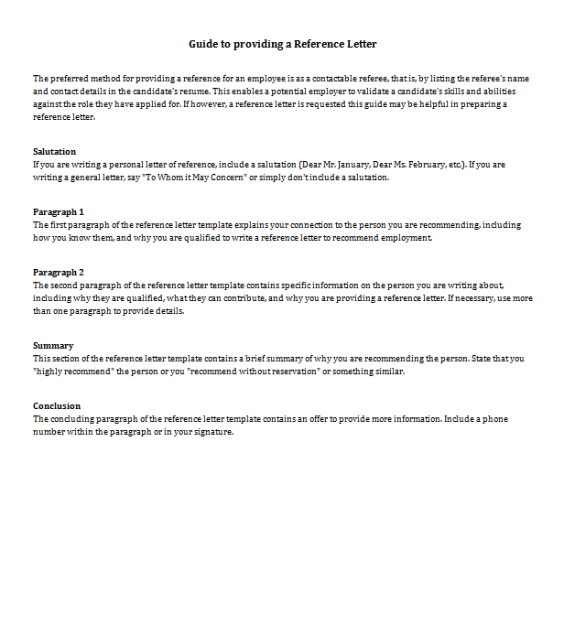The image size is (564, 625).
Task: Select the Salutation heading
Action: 54,151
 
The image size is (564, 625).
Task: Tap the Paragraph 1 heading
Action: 58,211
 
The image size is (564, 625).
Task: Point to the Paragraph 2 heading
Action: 58,272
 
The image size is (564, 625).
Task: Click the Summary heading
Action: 52,345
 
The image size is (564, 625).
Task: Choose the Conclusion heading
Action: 56,405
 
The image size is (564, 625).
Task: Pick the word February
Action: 439,164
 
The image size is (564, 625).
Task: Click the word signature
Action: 211,432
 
